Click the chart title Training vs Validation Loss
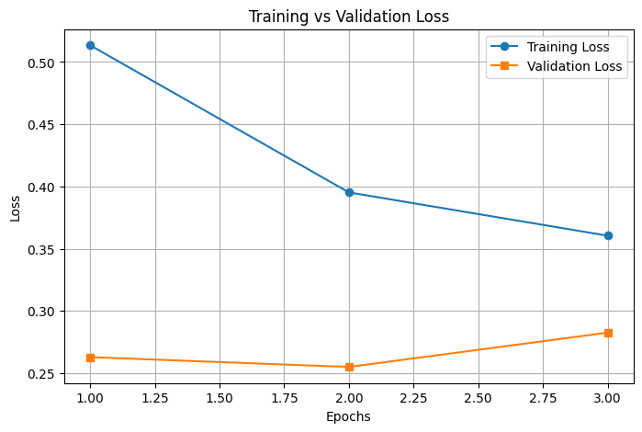pos(349,17)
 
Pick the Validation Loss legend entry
pos(574,66)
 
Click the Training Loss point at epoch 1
pos(90,45)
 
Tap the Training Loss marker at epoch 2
pos(349,192)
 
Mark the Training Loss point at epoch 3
pos(608,235)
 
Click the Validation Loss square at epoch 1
pos(90,357)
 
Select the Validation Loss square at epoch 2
pos(349,367)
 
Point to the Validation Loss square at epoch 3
pos(608,333)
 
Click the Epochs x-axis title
pos(349,416)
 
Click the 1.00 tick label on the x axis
pos(90,398)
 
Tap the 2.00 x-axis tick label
pos(349,398)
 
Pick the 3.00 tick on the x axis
pos(608,398)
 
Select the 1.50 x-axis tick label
pos(220,398)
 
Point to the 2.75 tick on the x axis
pos(543,398)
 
